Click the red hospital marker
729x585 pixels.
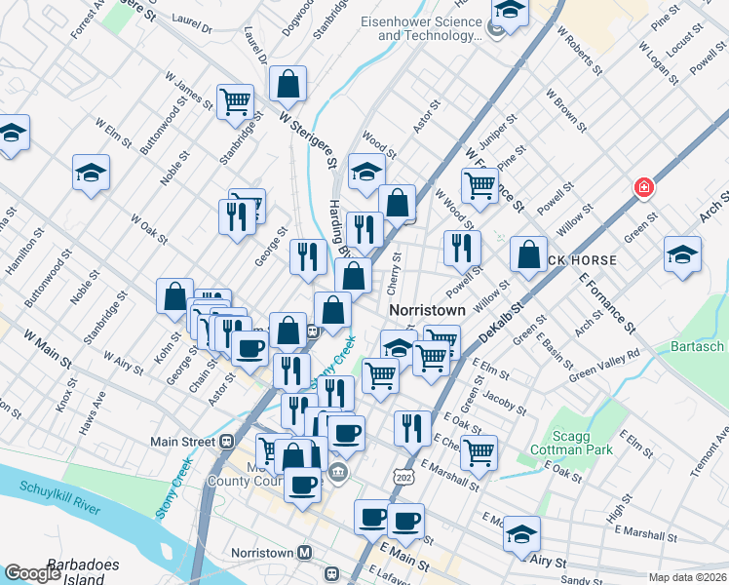tap(643, 187)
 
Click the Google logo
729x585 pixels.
tap(32, 573)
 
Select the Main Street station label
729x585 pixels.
tap(182, 441)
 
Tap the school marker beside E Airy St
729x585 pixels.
tap(522, 533)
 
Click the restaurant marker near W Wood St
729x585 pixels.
tap(462, 248)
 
